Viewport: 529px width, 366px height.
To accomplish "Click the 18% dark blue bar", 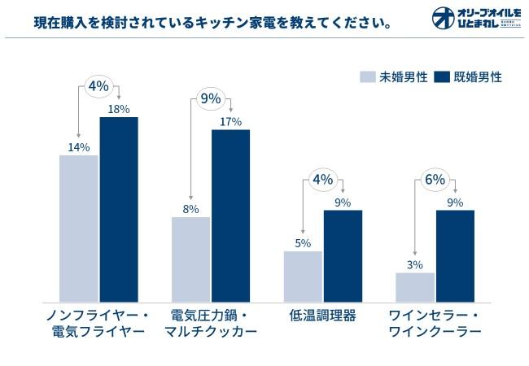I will [x=119, y=208].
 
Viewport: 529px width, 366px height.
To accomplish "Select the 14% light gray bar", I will [x=79, y=228].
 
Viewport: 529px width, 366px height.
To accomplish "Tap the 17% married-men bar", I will [x=230, y=215].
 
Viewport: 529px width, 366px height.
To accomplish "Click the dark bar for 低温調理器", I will [x=343, y=255].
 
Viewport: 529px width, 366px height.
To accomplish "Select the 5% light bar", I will [x=303, y=276].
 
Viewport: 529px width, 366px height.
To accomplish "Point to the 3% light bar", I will [x=415, y=286].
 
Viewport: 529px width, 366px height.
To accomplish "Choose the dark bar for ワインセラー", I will [x=455, y=255].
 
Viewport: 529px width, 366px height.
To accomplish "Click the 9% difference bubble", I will [x=211, y=98].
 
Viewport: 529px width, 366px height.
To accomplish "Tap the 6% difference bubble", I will [x=435, y=180].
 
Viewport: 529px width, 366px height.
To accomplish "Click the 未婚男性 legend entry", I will [x=395, y=77].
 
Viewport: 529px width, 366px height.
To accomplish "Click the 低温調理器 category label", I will [x=322, y=315].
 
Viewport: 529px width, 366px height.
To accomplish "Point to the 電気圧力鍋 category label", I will [x=210, y=315].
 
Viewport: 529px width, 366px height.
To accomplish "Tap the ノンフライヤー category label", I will [x=98, y=315].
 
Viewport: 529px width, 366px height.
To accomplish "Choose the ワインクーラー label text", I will [x=435, y=332].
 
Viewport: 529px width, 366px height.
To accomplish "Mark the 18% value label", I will [x=119, y=109].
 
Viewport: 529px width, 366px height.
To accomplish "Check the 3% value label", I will [x=415, y=264].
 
